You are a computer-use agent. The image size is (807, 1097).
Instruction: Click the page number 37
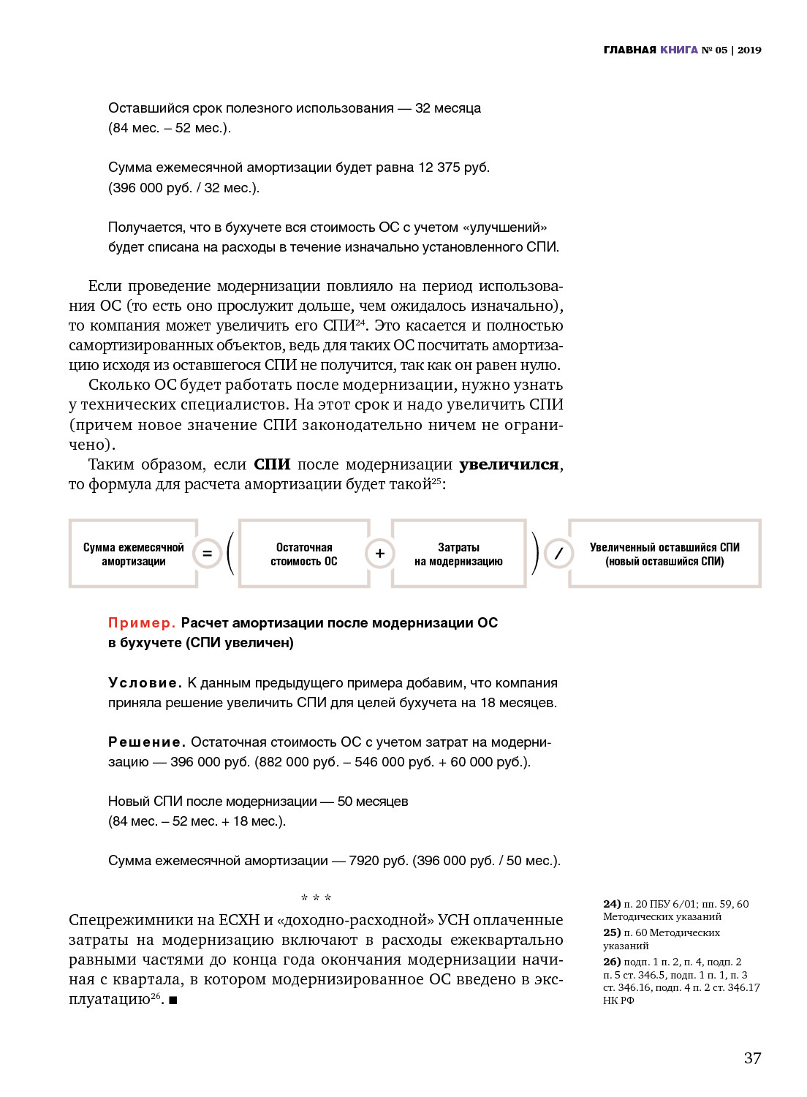(752, 1058)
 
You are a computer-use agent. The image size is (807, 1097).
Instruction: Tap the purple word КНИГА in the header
(678, 50)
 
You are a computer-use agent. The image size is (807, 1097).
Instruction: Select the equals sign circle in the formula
(207, 554)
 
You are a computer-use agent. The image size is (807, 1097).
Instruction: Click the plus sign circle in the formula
(379, 554)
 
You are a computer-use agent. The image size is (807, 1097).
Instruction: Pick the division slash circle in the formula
(558, 554)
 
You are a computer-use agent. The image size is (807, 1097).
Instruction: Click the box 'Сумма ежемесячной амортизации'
(133, 554)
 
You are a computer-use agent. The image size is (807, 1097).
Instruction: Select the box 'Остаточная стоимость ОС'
(304, 554)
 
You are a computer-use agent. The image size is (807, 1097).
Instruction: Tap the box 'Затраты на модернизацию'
(458, 554)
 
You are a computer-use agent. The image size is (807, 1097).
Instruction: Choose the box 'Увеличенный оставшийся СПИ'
(664, 554)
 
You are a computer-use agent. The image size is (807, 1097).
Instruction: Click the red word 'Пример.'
(141, 622)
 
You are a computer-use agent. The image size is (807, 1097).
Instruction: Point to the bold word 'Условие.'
(145, 682)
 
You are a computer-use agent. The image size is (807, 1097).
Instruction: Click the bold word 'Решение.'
(146, 742)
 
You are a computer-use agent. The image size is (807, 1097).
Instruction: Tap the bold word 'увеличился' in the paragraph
(509, 464)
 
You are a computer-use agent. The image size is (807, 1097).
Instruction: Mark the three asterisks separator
(316, 897)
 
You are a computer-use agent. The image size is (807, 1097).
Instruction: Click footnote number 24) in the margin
(612, 904)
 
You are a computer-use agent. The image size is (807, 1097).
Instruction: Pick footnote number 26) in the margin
(612, 962)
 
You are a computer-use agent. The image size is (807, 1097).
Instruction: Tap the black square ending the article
(173, 1000)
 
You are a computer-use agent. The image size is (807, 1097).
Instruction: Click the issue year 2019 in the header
(749, 50)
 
